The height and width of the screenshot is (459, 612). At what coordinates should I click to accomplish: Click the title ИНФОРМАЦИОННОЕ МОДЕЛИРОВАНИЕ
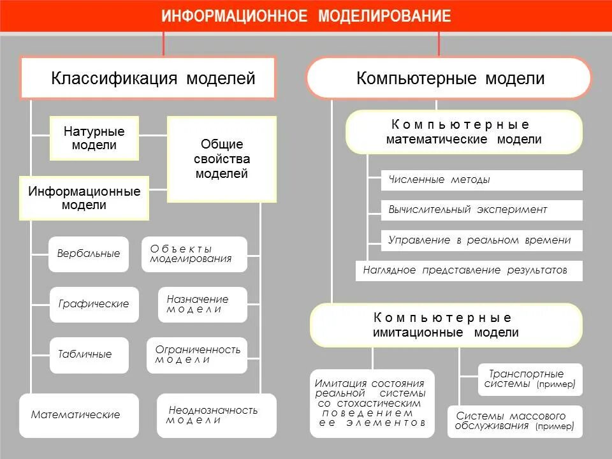[x=306, y=16]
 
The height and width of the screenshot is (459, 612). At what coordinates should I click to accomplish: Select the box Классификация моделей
[x=149, y=78]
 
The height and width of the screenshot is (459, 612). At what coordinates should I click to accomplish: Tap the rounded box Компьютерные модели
[x=449, y=78]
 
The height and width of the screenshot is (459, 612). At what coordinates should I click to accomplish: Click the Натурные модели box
[x=94, y=138]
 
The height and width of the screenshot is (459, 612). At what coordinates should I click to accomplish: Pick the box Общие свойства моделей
[x=222, y=159]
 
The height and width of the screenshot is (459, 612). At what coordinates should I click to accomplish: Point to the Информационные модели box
[x=84, y=198]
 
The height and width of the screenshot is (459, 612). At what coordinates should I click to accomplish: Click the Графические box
[x=94, y=304]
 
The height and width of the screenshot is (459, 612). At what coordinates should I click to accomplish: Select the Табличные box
[x=89, y=354]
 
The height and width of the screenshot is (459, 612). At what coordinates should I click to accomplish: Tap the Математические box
[x=78, y=415]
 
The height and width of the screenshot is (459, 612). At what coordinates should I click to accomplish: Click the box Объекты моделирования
[x=194, y=254]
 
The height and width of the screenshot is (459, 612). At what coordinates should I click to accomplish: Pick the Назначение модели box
[x=202, y=304]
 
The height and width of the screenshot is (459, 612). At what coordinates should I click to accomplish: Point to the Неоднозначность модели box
[x=217, y=415]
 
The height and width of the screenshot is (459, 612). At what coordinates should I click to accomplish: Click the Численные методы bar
[x=481, y=180]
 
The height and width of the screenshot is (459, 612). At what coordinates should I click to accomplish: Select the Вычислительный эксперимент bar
[x=481, y=210]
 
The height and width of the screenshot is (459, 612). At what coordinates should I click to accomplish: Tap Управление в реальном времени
[x=481, y=240]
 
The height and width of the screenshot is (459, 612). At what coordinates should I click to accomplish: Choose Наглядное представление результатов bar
[x=469, y=270]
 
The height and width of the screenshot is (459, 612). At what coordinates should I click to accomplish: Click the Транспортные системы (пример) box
[x=530, y=379]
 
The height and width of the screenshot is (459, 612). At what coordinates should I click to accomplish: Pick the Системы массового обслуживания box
[x=515, y=421]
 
